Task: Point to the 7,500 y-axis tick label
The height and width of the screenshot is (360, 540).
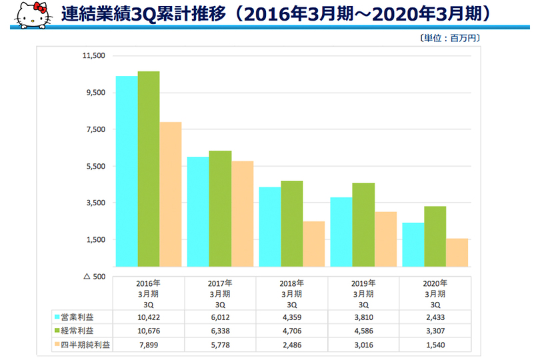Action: coord(94,129)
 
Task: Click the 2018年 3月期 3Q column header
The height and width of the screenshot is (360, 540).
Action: coord(291,293)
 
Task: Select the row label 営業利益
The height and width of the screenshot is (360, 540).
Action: coord(75,317)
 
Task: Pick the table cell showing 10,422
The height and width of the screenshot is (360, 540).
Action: coord(149,317)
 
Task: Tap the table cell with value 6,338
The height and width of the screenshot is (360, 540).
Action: coord(220,331)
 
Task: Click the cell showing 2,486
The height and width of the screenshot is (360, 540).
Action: coord(291,345)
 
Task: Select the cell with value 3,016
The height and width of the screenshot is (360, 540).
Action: coord(363,345)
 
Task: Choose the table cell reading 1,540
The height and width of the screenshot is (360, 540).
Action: coord(434,345)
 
